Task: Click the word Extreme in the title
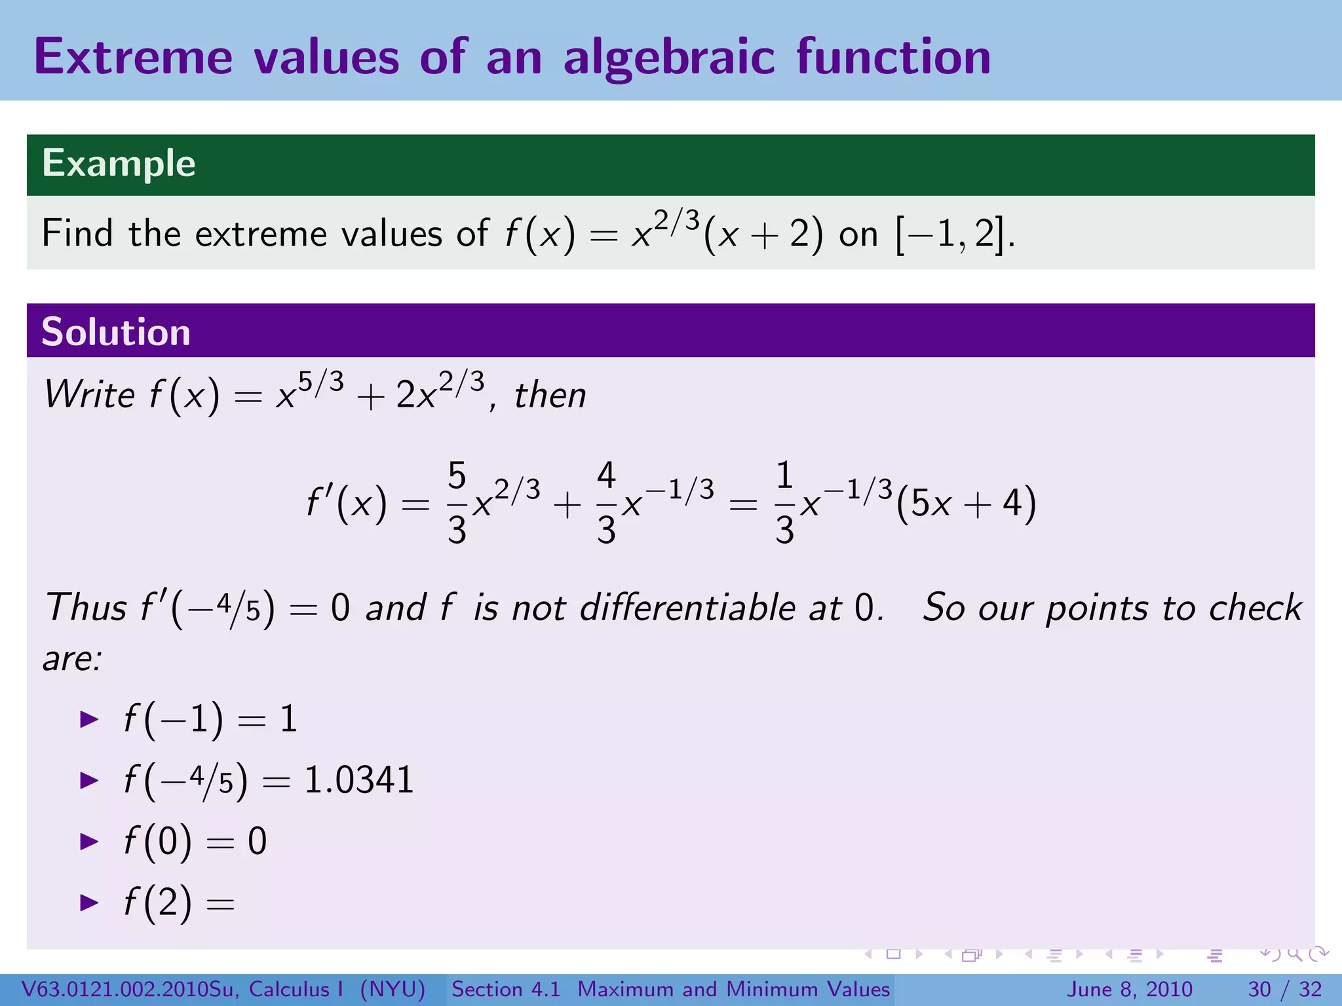coord(134,58)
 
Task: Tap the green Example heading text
coord(119,164)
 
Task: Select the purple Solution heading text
coord(116,331)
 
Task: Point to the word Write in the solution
coord(89,395)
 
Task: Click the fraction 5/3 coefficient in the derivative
coord(457,503)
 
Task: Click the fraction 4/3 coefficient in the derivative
coord(606,503)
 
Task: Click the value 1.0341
coord(359,780)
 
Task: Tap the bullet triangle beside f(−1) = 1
coord(88,720)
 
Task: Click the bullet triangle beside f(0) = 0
coord(88,842)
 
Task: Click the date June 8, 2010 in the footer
coord(1130,989)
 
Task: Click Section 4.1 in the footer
coord(506,989)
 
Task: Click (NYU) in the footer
coord(393,989)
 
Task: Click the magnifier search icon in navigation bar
coord(1294,954)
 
